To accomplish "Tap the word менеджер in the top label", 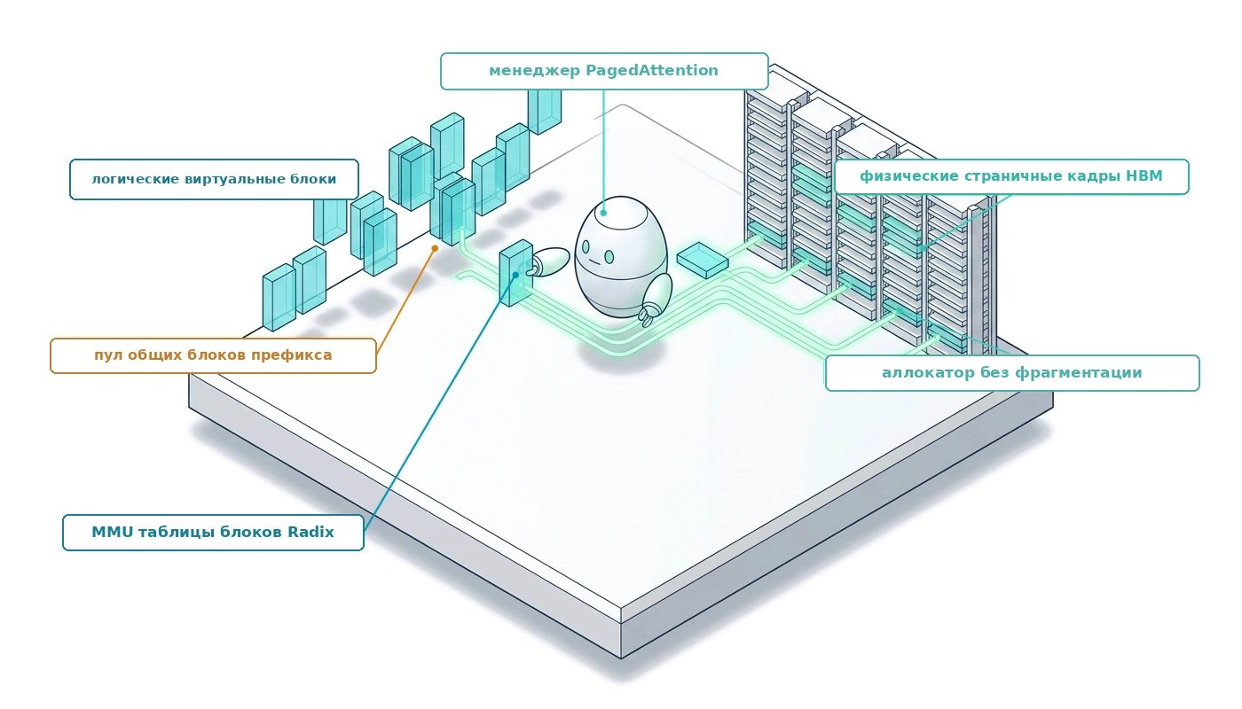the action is (x=534, y=71).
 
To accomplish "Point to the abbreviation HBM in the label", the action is (x=1144, y=175).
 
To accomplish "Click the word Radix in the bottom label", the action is (x=310, y=532).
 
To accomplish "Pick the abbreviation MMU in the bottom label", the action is (x=112, y=532).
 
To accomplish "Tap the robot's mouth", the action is (x=593, y=261).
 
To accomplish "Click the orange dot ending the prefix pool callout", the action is (x=436, y=249).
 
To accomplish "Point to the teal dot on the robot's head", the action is (x=603, y=212).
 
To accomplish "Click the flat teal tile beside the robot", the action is (x=703, y=260).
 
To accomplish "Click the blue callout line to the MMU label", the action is (x=440, y=402).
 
